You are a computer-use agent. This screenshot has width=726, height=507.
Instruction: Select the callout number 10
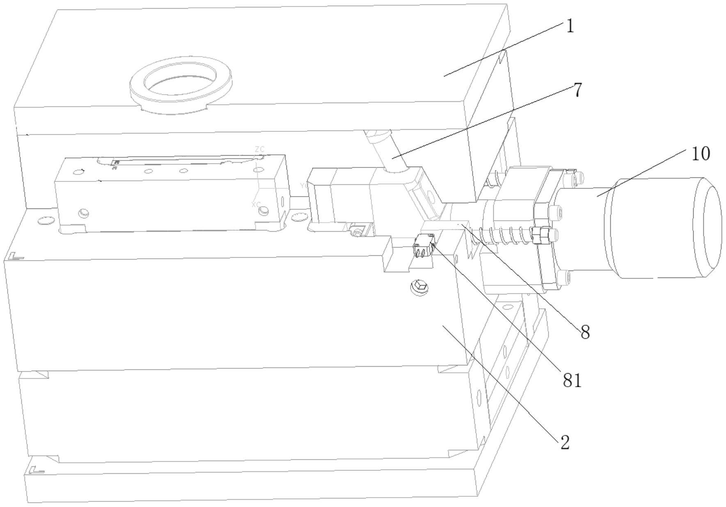[x=701, y=154]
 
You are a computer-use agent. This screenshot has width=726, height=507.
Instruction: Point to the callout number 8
[x=585, y=332]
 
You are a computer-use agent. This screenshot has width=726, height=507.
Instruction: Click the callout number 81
[x=572, y=381]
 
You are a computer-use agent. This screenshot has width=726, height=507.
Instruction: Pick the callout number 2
[x=565, y=443]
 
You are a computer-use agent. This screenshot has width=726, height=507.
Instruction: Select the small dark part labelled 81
[x=424, y=246]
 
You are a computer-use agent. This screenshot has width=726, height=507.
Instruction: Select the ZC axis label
[x=259, y=149]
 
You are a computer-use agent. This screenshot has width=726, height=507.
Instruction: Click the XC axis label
[x=256, y=204]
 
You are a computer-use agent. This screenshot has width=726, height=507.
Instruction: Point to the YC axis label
[x=304, y=186]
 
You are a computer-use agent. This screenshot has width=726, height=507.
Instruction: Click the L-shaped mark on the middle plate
[x=16, y=257]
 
